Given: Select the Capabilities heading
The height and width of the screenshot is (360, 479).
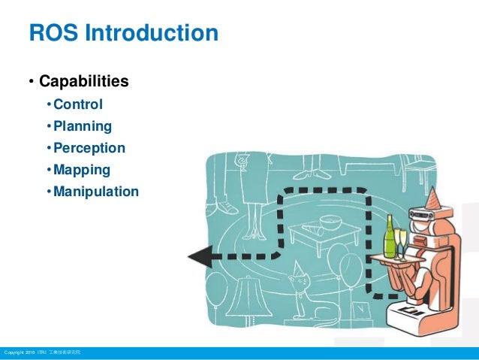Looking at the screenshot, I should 83,80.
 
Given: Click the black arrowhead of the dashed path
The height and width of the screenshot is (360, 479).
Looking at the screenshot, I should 198,257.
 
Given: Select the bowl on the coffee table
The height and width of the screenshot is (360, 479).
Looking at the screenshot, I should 330,222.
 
